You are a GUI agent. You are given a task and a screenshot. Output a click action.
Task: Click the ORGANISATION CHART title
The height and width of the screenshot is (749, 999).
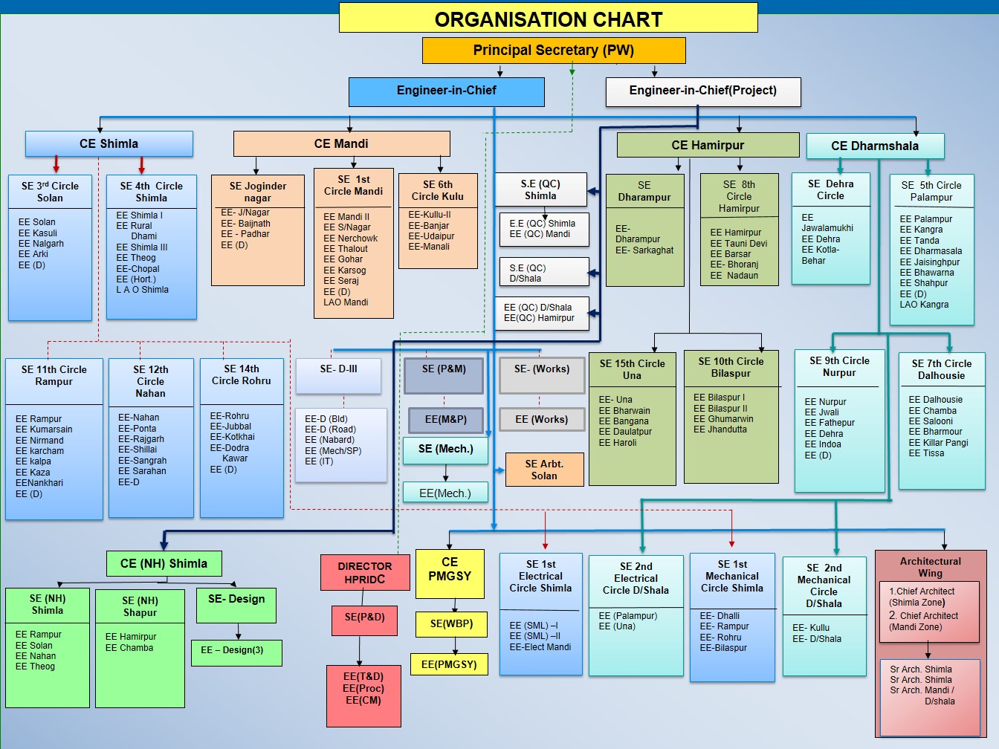click(548, 19)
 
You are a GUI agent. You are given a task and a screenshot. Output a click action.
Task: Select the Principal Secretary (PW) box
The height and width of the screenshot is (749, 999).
click(554, 51)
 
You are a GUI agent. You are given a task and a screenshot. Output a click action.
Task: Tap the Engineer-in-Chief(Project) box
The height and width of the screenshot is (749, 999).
click(702, 91)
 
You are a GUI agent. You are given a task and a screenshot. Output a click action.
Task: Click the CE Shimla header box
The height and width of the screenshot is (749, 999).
click(109, 143)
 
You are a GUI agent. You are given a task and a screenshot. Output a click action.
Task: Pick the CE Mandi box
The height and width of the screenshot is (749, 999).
click(341, 143)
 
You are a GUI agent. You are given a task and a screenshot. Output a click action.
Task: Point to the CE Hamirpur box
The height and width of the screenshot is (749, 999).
click(708, 145)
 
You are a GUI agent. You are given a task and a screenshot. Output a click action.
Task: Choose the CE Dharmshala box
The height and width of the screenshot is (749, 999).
click(875, 146)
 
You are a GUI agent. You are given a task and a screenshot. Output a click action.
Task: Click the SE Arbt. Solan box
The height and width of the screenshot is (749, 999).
click(544, 470)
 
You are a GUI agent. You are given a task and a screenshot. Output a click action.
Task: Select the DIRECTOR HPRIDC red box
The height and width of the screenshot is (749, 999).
click(365, 573)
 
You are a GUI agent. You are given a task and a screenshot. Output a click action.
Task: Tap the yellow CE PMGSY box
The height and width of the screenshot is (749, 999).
click(450, 569)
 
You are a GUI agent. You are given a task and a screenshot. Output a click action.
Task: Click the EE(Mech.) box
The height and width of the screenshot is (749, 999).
click(445, 493)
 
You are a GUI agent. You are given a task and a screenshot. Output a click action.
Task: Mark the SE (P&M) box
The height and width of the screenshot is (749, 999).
click(444, 369)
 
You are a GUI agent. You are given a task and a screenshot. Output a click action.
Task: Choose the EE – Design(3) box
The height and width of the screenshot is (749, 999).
click(237, 650)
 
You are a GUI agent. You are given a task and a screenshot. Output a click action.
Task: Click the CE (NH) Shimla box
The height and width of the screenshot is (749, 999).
click(164, 563)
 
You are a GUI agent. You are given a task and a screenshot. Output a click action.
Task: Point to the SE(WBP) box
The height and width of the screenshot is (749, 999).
click(451, 623)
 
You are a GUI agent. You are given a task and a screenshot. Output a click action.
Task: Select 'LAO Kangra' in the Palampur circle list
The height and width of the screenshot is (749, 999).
click(924, 305)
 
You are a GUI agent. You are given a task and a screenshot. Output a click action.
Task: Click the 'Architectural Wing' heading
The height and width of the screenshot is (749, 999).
click(930, 567)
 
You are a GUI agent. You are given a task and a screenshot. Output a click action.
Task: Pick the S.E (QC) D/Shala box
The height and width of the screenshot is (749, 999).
click(543, 273)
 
